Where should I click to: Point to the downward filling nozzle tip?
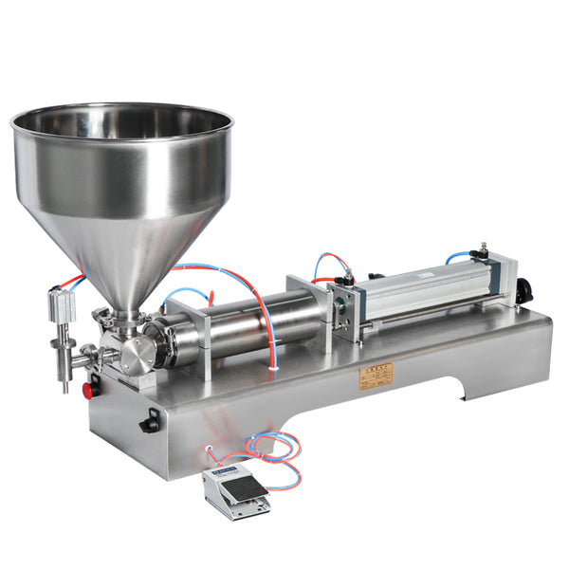(x=65, y=384)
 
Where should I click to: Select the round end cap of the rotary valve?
(x=138, y=354)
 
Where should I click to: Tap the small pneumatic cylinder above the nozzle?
(x=62, y=307)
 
